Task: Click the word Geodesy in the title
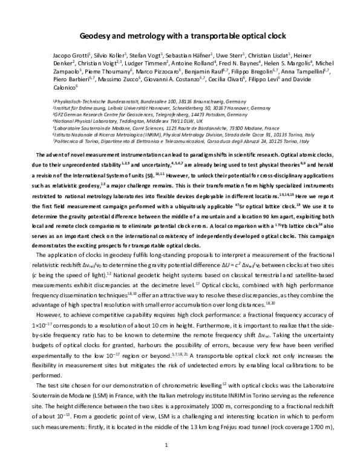pos(97,35)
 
